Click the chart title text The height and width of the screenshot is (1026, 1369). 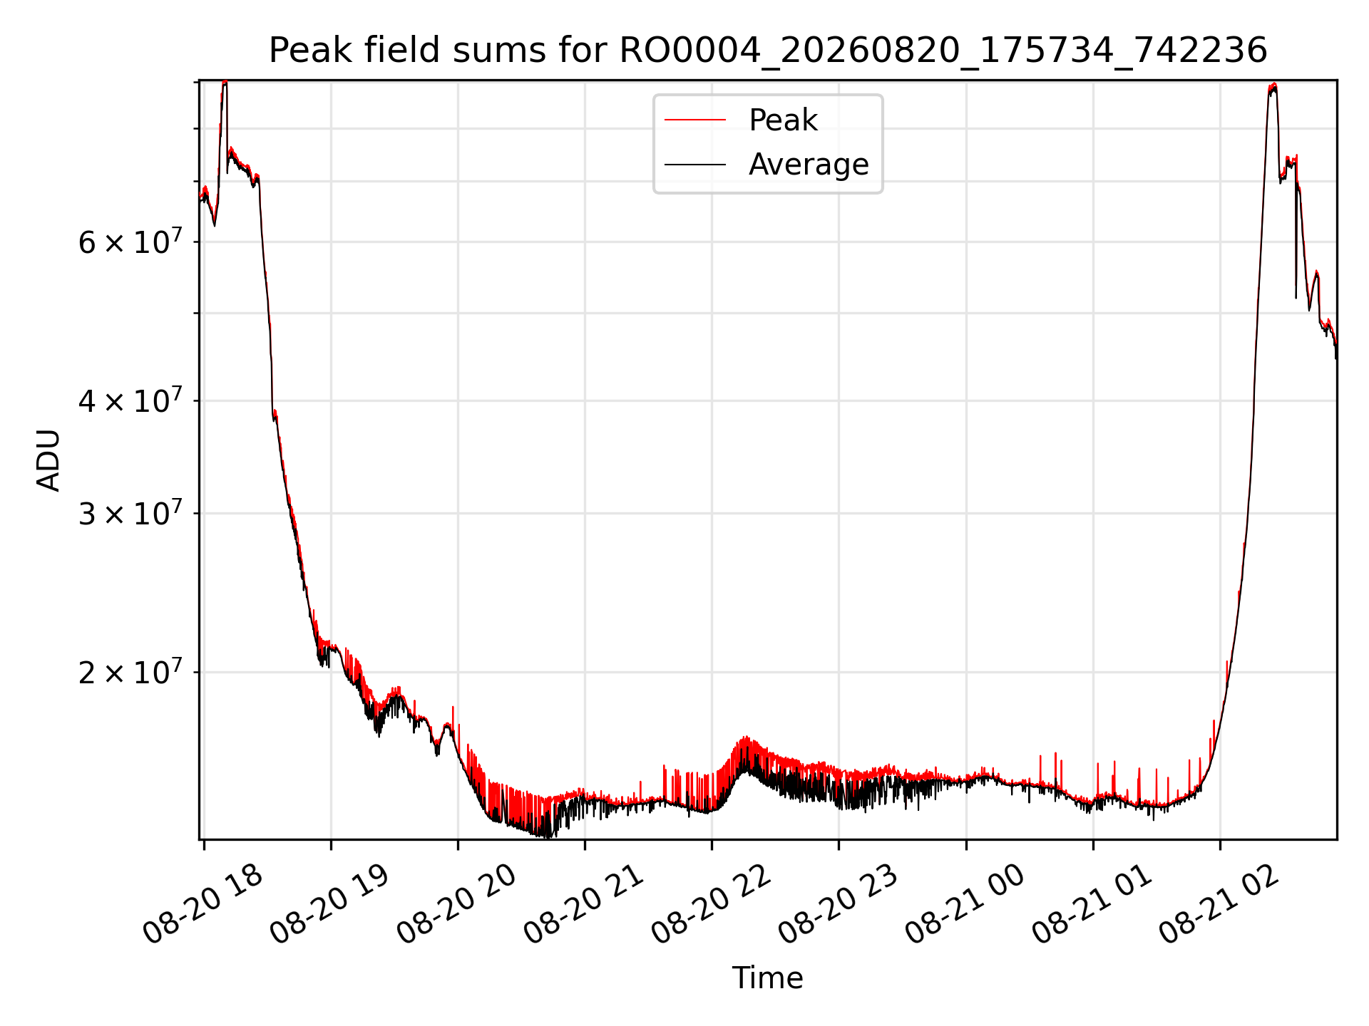(768, 51)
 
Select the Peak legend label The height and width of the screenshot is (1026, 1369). (783, 120)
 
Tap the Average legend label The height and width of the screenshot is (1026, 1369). (809, 165)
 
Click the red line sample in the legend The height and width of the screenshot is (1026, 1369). (695, 120)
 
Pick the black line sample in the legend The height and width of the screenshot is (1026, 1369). (695, 165)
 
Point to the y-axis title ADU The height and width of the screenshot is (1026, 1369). (48, 460)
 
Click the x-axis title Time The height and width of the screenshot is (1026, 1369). (768, 978)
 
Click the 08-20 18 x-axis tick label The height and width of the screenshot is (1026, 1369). (203, 905)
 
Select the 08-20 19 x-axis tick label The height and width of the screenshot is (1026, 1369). (330, 905)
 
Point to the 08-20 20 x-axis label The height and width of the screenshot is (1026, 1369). (457, 905)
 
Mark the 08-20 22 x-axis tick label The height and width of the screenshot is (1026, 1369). (712, 905)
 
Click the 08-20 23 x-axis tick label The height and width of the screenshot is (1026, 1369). (839, 905)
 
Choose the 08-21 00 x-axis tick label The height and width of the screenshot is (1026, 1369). (965, 905)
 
